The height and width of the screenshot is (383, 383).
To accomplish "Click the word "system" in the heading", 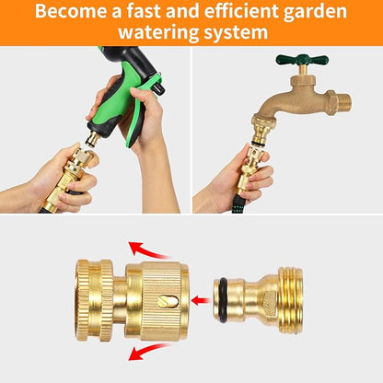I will pyautogui.click(x=238, y=34).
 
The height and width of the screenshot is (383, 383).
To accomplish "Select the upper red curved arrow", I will pyautogui.click(x=147, y=250).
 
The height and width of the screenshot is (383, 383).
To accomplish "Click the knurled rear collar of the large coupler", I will pyautogui.click(x=97, y=299).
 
